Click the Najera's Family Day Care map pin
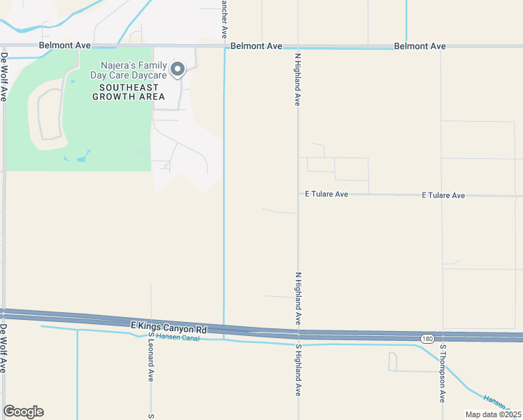178,68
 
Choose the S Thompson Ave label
443,372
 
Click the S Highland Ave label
298,370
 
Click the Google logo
23,412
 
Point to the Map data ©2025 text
493,414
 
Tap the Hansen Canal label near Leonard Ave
178,338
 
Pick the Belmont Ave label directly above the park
65,45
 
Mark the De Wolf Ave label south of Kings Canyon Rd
4,347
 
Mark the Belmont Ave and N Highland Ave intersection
299,47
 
